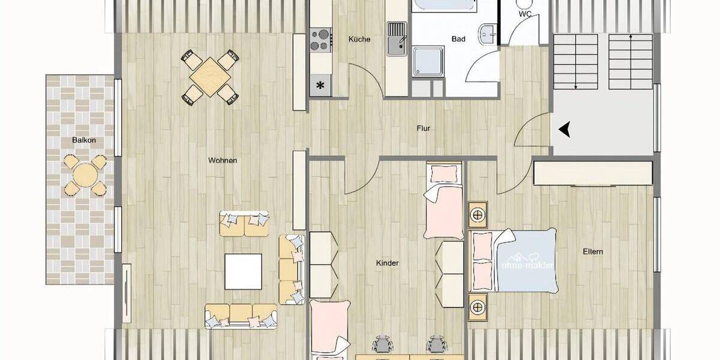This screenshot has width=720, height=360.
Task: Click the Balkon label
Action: click(x=84, y=140)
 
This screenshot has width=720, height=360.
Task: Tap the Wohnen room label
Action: click(x=223, y=160)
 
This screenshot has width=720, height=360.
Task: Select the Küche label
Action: click(x=359, y=40)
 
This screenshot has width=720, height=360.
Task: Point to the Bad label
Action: click(x=458, y=40)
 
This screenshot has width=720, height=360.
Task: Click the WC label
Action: click(x=525, y=14)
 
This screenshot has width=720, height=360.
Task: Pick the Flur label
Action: click(x=424, y=128)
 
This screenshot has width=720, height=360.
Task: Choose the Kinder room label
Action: click(x=387, y=263)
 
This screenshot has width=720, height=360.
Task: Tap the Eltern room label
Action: click(x=592, y=251)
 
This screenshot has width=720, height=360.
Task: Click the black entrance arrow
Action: click(x=564, y=128)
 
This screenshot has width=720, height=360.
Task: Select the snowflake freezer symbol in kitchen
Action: click(x=320, y=85)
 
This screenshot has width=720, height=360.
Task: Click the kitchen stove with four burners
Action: click(x=320, y=40)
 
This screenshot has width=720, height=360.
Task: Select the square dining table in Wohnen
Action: click(x=209, y=76)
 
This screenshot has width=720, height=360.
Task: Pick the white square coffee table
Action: click(x=243, y=271)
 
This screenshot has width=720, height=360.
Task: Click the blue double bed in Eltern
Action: click(x=522, y=261)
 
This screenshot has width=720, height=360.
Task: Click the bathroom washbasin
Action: click(x=487, y=34)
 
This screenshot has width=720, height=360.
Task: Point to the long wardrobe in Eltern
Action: click(x=593, y=173)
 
